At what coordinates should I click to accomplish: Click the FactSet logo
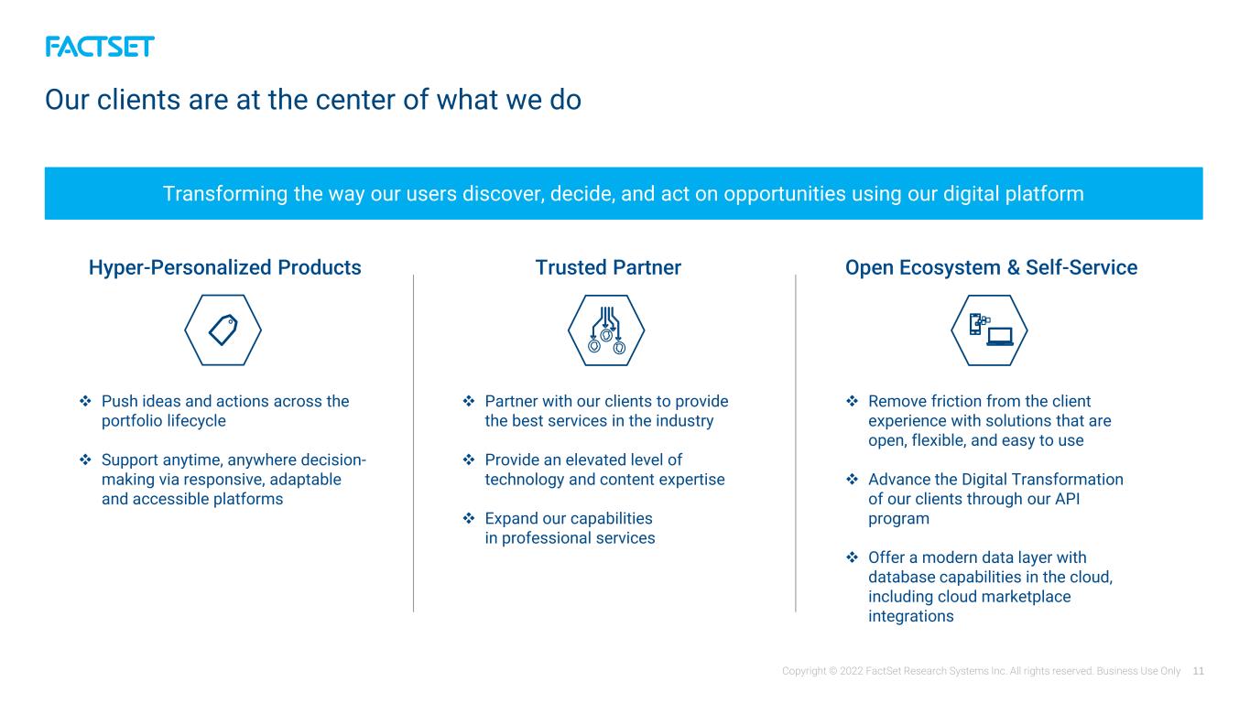point(100,47)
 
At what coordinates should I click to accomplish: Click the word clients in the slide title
point(139,100)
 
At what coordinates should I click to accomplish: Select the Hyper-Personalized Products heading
point(225,268)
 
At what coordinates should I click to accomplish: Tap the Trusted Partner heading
point(608,268)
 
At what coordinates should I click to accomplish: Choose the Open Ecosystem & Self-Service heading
point(991,268)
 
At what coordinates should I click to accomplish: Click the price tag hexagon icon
point(223,330)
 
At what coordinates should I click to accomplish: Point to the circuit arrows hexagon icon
point(606,330)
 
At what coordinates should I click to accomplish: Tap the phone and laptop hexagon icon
point(989,330)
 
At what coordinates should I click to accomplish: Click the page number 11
point(1198,671)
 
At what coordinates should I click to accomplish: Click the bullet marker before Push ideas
point(85,401)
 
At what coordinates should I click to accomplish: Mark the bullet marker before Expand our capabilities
point(469,518)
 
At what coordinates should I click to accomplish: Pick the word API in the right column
point(1067,499)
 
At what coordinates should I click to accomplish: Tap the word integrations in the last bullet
point(910,617)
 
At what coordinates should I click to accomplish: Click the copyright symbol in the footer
point(833,671)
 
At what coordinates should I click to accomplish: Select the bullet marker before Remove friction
point(853,401)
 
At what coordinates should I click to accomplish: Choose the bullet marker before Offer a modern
point(853,557)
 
